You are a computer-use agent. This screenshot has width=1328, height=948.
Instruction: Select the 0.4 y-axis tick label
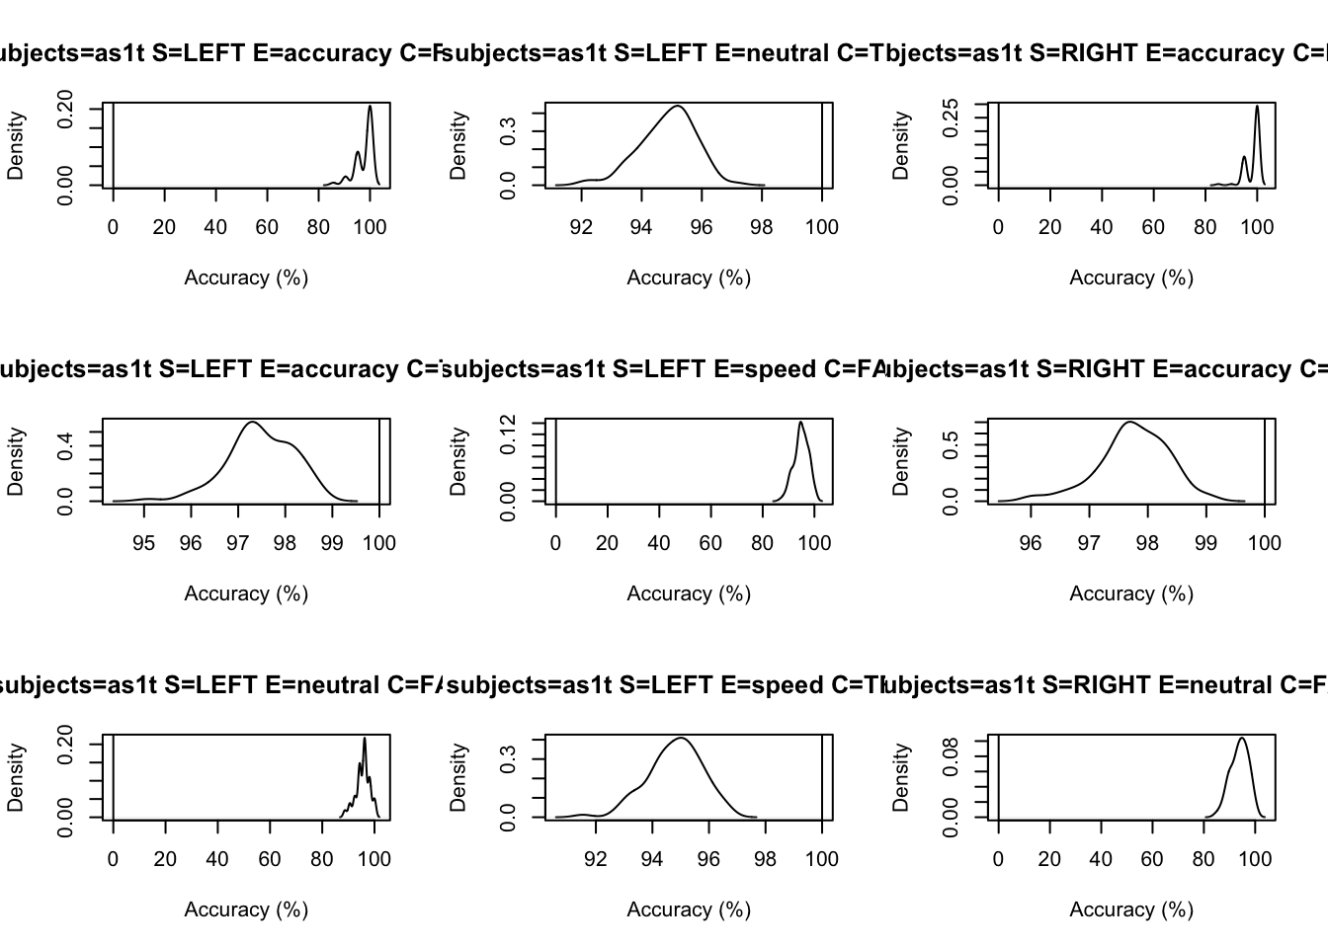pyautogui.click(x=66, y=445)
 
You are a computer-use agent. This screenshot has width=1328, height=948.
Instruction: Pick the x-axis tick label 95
pyautogui.click(x=144, y=543)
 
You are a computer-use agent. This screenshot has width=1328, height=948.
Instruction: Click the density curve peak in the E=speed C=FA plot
pyautogui.click(x=800, y=423)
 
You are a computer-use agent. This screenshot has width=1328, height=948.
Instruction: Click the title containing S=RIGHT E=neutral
pyautogui.click(x=1107, y=685)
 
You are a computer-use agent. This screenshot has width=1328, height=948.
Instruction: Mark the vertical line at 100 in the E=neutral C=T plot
pyautogui.click(x=822, y=145)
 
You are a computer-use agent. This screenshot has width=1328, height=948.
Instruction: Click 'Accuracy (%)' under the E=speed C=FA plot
pyautogui.click(x=689, y=593)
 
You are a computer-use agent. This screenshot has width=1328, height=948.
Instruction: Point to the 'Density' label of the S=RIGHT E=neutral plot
pyautogui.click(x=901, y=777)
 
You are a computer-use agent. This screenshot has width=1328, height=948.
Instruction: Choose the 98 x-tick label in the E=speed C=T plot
pyautogui.click(x=765, y=859)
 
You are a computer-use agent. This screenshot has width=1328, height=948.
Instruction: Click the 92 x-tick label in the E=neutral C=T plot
pyautogui.click(x=581, y=227)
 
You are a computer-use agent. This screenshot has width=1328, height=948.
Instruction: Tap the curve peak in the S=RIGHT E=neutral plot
pyautogui.click(x=1242, y=738)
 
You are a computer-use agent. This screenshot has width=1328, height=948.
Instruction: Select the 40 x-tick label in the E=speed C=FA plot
pyautogui.click(x=659, y=543)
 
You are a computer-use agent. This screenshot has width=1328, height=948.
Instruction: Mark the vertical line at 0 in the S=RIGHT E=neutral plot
pyautogui.click(x=998, y=777)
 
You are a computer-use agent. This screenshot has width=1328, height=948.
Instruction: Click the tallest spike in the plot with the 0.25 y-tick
pyautogui.click(x=1257, y=107)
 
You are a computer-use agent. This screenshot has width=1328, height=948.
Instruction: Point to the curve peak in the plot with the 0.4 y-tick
pyautogui.click(x=252, y=423)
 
